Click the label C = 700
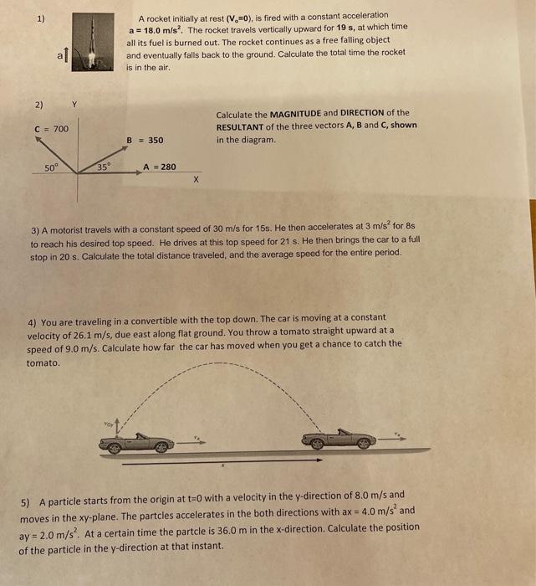coord(52,128)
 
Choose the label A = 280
coord(159,167)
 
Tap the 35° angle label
coord(102,167)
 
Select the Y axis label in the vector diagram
coord(74,105)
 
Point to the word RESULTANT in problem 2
coord(242,126)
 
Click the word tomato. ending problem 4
coord(43,362)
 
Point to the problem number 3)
coord(35,230)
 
